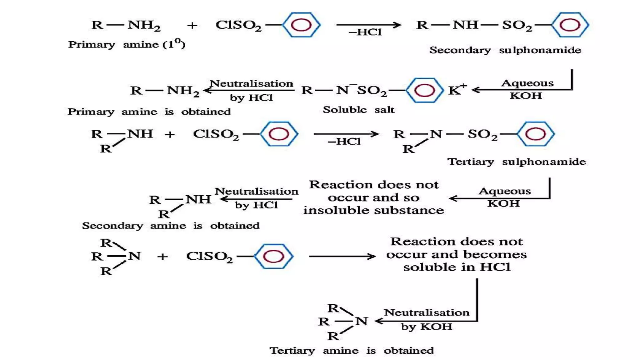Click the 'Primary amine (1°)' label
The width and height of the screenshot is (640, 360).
[x=127, y=44]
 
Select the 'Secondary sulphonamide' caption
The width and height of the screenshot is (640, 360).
[x=505, y=50]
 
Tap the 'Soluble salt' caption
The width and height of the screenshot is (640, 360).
[x=358, y=110]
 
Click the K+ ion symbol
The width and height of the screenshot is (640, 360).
[x=457, y=90]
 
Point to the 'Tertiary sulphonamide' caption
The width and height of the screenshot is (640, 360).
[x=516, y=162]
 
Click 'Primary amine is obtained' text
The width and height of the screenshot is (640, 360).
[x=149, y=112]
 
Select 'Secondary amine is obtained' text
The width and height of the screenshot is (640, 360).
[x=171, y=226]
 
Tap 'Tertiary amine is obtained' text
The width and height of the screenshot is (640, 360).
[x=352, y=350]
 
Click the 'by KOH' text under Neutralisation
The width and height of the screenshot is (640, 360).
[x=427, y=327]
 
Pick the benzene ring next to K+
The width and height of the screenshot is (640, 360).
[x=424, y=90]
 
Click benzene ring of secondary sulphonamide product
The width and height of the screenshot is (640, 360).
[x=570, y=25]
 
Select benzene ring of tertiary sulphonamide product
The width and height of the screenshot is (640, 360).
[x=535, y=134]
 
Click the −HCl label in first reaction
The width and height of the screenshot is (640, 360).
[x=365, y=32]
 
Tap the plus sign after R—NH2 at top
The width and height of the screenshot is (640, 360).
[x=192, y=25]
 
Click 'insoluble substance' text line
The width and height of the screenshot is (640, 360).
[x=373, y=210]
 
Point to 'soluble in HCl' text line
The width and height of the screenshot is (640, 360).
[x=457, y=267]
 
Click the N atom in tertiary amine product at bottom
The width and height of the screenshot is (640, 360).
[x=362, y=321]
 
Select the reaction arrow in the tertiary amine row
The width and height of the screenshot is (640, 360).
[x=342, y=256]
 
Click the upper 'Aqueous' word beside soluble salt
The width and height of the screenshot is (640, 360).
[x=527, y=83]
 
